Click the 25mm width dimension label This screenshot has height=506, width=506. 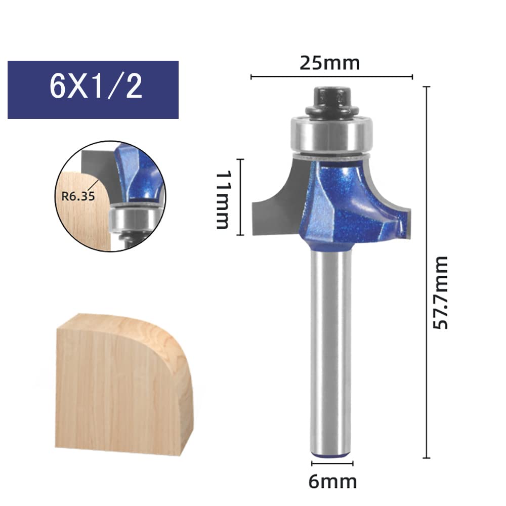click(329, 63)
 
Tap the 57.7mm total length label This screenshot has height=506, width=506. click(441, 292)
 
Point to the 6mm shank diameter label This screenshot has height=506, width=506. click(332, 482)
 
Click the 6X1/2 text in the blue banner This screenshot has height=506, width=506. click(96, 86)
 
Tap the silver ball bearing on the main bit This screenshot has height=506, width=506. click(332, 134)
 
